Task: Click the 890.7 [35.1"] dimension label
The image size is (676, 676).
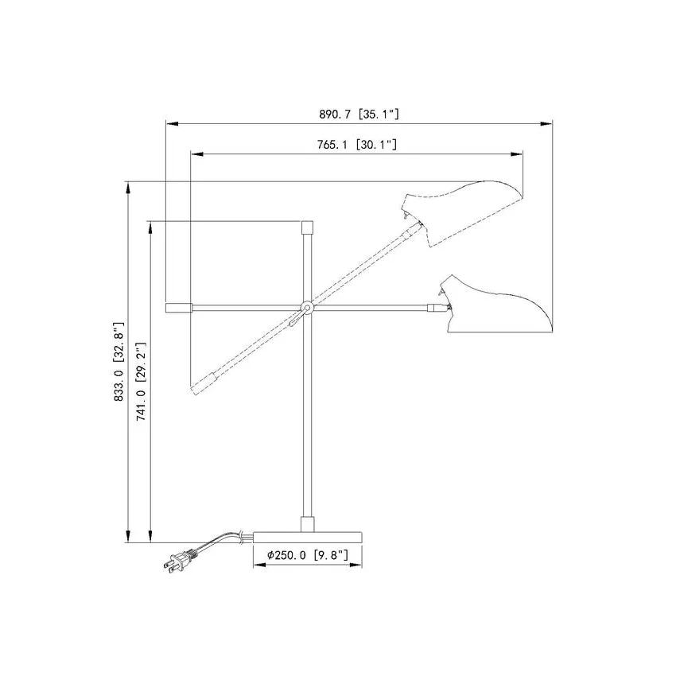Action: tap(359, 115)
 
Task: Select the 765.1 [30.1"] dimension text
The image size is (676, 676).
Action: tap(357, 145)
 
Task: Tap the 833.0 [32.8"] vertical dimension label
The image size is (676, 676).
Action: tap(118, 361)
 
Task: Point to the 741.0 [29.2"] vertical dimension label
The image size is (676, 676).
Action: tap(142, 382)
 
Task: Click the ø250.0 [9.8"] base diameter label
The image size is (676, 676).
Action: tap(308, 555)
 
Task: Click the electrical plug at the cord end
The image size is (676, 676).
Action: tap(176, 561)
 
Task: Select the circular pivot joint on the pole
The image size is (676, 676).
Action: tap(307, 307)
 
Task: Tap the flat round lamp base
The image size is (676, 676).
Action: tap(308, 537)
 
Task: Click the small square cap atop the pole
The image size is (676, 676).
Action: tap(307, 227)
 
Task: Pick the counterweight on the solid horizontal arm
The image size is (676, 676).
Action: tap(179, 308)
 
